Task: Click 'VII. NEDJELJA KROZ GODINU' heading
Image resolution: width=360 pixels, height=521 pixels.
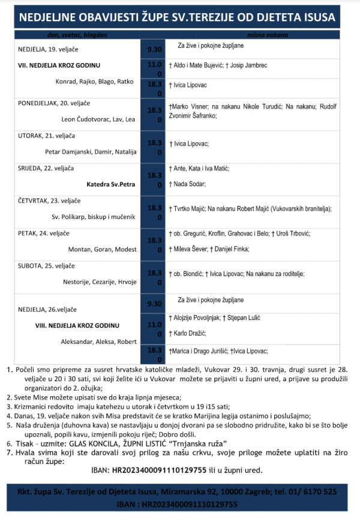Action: pyautogui.click(x=59, y=65)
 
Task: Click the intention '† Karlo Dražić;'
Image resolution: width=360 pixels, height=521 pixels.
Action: pyautogui.click(x=194, y=331)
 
